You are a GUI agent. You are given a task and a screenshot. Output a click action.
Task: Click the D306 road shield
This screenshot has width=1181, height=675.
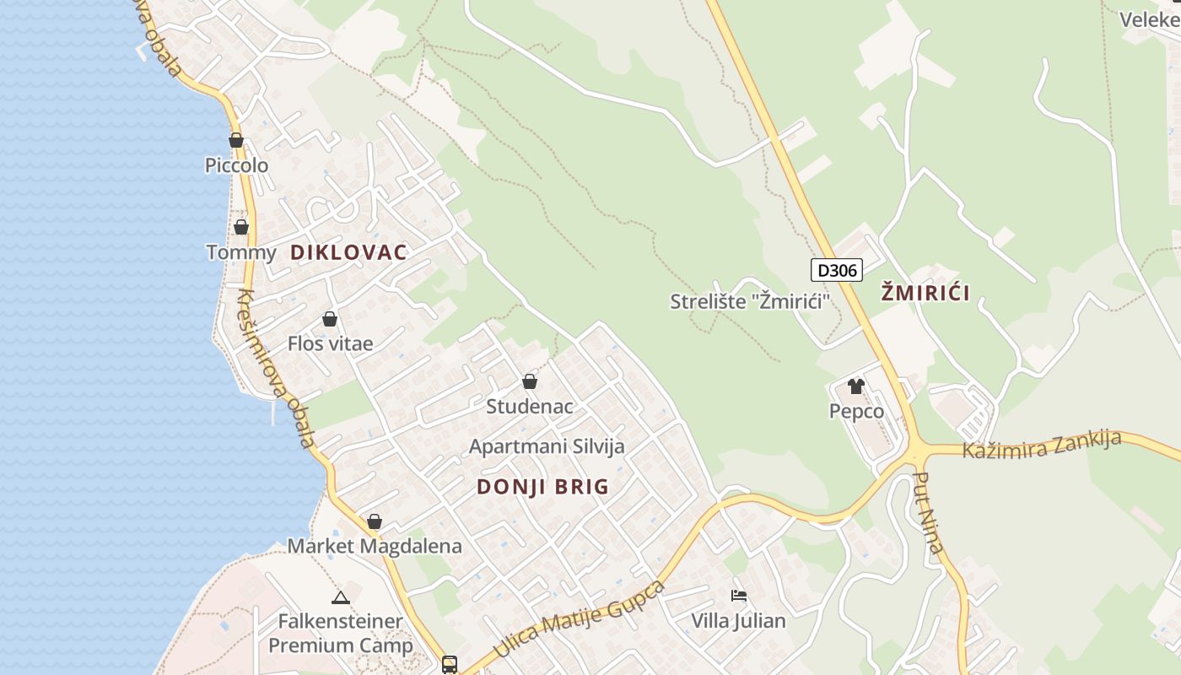coord(837,270)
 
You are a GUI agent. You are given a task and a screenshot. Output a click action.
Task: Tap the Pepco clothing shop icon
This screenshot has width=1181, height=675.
coord(856,386)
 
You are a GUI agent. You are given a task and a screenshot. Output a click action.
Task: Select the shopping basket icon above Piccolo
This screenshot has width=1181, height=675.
coord(236,140)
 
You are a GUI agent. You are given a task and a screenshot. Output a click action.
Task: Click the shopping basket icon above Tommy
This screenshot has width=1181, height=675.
coord(241,227)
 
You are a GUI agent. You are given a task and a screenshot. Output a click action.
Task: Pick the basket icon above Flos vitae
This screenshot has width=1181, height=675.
coord(330,319)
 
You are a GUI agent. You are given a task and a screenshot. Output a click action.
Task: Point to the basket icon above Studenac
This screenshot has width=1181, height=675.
coord(530,381)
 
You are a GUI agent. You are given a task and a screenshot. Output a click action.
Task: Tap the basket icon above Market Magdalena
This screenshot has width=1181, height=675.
coord(375,521)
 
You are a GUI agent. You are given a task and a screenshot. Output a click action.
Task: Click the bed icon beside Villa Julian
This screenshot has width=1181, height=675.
coord(739,596)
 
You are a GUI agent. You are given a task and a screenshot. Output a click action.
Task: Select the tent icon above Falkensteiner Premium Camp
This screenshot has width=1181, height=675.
coord(341,597)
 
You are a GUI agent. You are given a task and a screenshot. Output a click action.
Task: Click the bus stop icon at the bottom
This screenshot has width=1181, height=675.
coord(450,664)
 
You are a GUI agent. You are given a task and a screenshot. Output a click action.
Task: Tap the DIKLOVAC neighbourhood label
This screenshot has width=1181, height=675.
coord(348,252)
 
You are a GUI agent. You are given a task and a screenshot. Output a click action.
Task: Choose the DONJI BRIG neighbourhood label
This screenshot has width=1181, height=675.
coord(542,487)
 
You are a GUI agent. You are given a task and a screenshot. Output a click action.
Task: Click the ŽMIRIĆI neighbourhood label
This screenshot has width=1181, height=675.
coord(925,294)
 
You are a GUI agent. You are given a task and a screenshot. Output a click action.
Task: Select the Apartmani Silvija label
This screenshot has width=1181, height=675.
coord(547,446)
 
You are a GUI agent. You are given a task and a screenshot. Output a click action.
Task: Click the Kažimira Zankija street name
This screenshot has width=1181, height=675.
coord(1042,445)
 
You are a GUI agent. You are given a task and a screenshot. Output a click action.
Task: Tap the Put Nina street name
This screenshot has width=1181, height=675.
coord(928,512)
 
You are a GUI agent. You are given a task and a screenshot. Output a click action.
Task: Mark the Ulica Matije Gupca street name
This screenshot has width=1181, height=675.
coord(579,620)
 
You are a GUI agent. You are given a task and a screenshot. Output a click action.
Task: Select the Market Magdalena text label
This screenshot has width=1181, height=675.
coord(375,546)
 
